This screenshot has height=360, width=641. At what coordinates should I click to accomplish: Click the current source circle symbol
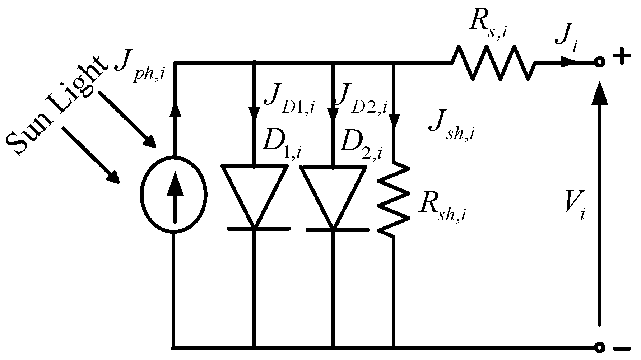point(174,196)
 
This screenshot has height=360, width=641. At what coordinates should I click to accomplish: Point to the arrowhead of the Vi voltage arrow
point(599,93)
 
